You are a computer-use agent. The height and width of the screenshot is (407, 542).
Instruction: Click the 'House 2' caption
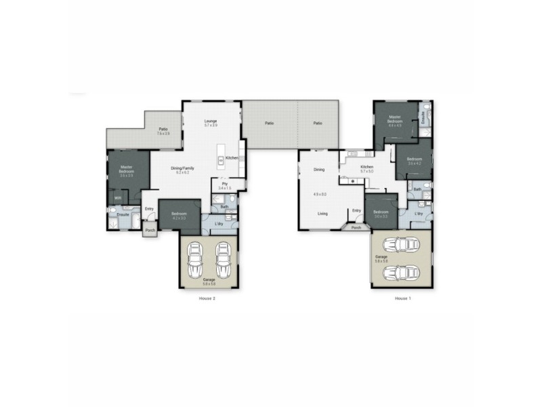[x=207, y=298]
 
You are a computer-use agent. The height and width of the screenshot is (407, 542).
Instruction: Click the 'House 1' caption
[x=403, y=298]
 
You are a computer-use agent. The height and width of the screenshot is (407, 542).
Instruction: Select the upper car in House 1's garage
[x=400, y=245]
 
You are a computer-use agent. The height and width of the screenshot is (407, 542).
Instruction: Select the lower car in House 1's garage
[x=400, y=272]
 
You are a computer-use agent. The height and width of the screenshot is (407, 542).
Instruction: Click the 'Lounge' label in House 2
[x=211, y=121]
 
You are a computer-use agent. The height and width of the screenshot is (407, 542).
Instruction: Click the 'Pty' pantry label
[x=224, y=183]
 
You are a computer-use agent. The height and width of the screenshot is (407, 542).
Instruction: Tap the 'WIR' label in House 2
[x=117, y=197]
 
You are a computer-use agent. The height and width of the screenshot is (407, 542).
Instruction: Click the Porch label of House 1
[x=356, y=228]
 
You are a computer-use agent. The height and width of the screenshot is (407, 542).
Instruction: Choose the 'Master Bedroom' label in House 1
[x=395, y=118]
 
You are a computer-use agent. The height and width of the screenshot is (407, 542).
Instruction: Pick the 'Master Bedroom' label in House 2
[x=126, y=169]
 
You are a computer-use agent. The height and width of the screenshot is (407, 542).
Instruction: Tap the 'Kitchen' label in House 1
[x=367, y=167]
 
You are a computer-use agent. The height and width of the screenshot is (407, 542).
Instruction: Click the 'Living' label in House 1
[x=323, y=214]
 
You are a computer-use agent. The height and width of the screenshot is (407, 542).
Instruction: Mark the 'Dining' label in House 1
[x=319, y=170]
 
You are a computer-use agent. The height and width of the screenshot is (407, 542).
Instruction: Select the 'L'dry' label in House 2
[x=219, y=224]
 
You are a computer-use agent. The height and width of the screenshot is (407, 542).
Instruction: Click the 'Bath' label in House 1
[x=417, y=189]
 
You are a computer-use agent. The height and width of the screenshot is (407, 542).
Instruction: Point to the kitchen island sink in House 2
[x=221, y=161]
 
